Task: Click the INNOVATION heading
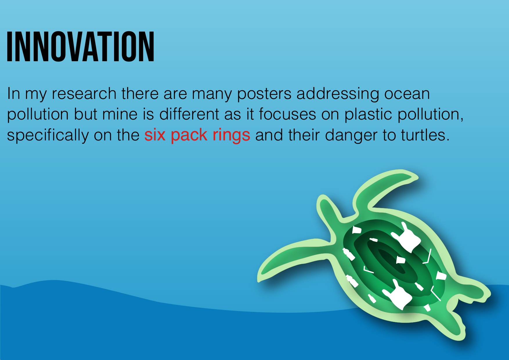point(80,46)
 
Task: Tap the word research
point(84,94)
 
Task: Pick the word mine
point(120,114)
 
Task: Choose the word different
point(189,114)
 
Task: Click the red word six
point(155,135)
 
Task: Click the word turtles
point(425,135)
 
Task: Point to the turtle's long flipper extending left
point(293,258)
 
